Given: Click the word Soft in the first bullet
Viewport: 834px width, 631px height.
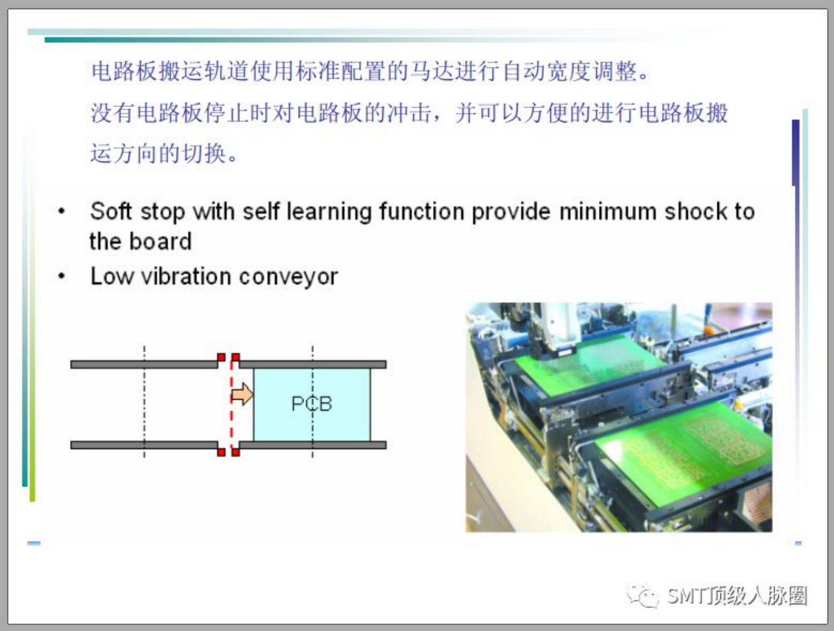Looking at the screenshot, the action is point(111,211).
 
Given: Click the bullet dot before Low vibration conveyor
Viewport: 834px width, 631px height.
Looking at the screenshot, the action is point(62,276).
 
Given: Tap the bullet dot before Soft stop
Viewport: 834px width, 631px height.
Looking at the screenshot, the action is point(62,211).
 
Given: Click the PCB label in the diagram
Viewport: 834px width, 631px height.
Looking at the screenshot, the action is point(311,404).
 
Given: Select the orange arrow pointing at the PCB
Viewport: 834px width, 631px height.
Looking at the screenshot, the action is point(242,394).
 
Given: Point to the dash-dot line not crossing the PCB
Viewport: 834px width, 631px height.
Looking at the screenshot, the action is point(144,402).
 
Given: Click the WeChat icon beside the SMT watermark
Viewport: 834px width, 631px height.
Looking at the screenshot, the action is point(643,595).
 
